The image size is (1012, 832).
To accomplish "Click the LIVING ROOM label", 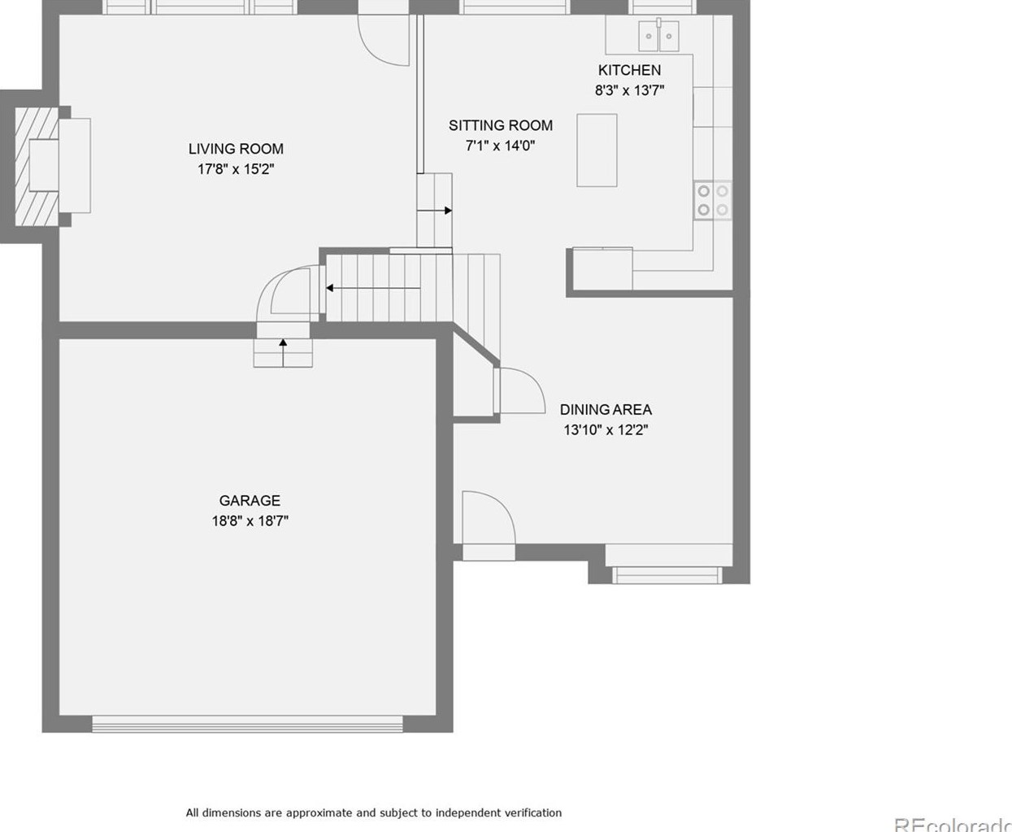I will coord(236,149).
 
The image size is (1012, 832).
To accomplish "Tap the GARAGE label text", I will coord(250,500).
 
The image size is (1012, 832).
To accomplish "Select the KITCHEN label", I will coord(629,70).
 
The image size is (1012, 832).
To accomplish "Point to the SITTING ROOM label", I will coord(500,125).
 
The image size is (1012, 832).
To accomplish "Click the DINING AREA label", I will coord(606,410).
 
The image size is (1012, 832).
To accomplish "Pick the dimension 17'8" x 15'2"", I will coord(236,169).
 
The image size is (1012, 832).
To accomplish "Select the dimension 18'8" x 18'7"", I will coord(250,521).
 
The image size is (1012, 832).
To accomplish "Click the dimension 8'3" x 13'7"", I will coord(629,90).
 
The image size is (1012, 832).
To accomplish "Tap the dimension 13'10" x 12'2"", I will coord(606,430).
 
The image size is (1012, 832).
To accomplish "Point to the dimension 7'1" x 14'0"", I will coord(500,146).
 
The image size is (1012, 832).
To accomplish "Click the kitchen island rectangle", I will coord(597,150).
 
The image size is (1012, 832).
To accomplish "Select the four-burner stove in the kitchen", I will coord(713,200).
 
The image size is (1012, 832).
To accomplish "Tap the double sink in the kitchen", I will coord(658,36).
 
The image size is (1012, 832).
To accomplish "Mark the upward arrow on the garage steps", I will coord(283,345).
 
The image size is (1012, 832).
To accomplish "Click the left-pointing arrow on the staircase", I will coord(331,288).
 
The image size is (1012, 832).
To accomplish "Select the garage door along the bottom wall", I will coord(247,723).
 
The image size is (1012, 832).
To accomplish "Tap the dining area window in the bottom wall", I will coord(667,575).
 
